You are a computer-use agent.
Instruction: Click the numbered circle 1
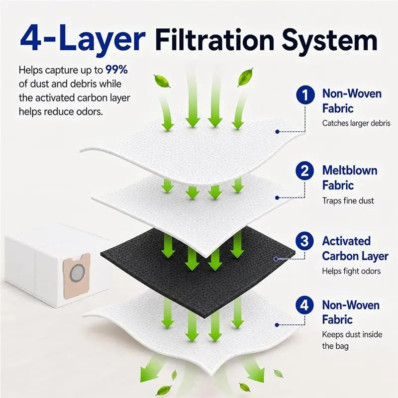pyautogui.click(x=305, y=95)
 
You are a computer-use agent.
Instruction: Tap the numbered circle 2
pyautogui.click(x=305, y=171)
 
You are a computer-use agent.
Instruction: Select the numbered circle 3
pyautogui.click(x=304, y=241)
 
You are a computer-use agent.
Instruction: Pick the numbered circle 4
pyautogui.click(x=304, y=305)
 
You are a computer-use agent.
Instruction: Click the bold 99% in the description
pyautogui.click(x=116, y=70)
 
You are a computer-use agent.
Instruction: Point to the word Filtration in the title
pyautogui.click(x=215, y=39)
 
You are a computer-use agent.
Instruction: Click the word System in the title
pyautogui.click(x=330, y=41)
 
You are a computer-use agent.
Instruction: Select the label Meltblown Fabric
pyautogui.click(x=350, y=178)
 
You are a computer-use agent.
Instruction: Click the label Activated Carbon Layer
pyautogui.click(x=355, y=249)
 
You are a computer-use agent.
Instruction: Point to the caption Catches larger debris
pyautogui.click(x=356, y=123)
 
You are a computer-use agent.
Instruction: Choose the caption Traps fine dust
pyautogui.click(x=348, y=201)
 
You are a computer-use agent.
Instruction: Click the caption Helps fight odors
pyautogui.click(x=351, y=271)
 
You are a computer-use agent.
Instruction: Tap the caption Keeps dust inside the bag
pyautogui.click(x=352, y=340)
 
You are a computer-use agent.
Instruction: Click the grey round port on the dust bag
pyautogui.click(x=77, y=273)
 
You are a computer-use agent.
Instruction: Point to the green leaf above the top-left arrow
pyautogui.click(x=162, y=81)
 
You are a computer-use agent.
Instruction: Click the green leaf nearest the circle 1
pyautogui.click(x=245, y=77)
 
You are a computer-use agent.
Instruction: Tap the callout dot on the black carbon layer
pyautogui.click(x=276, y=259)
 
